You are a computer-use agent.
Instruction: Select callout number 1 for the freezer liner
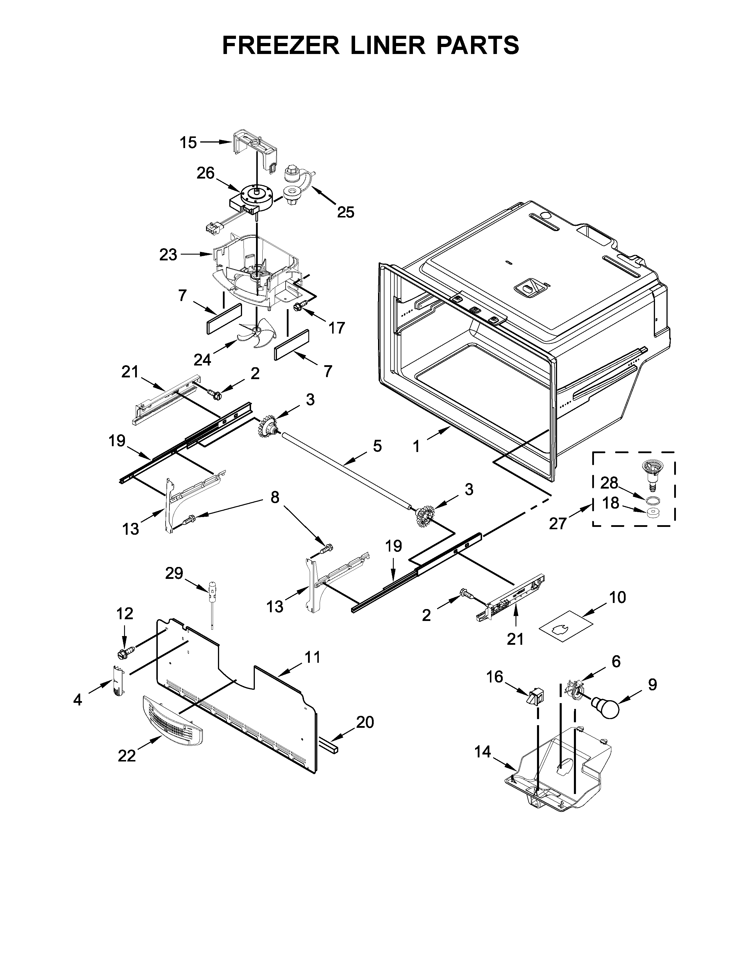[x=416, y=446]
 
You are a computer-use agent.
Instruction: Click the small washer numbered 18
[x=654, y=513]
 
